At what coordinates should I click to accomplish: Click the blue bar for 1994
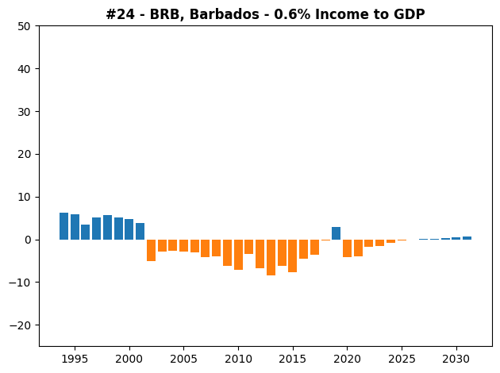tap(63, 226)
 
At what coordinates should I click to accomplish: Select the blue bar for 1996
tap(86, 232)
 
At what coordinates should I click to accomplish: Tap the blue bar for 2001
tap(140, 232)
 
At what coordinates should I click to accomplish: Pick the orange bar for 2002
tap(151, 250)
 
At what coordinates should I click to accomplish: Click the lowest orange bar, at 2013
tap(271, 257)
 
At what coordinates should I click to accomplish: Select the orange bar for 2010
tap(239, 255)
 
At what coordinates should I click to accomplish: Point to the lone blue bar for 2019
tap(336, 233)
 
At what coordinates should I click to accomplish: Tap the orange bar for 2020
tap(348, 248)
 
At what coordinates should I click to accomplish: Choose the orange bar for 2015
tap(293, 256)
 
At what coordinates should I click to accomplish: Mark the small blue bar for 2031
tap(467, 238)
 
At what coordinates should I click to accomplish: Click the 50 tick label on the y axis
tap(24, 26)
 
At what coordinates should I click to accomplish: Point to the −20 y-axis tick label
tap(20, 325)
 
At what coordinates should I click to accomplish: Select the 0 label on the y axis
tap(28, 240)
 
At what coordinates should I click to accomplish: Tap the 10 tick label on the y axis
tap(25, 198)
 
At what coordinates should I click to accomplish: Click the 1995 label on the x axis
tap(75, 359)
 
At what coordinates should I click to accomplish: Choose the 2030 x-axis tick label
tap(456, 359)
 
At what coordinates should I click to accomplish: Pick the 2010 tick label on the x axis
tap(238, 359)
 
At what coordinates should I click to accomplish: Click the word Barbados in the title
tap(224, 14)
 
